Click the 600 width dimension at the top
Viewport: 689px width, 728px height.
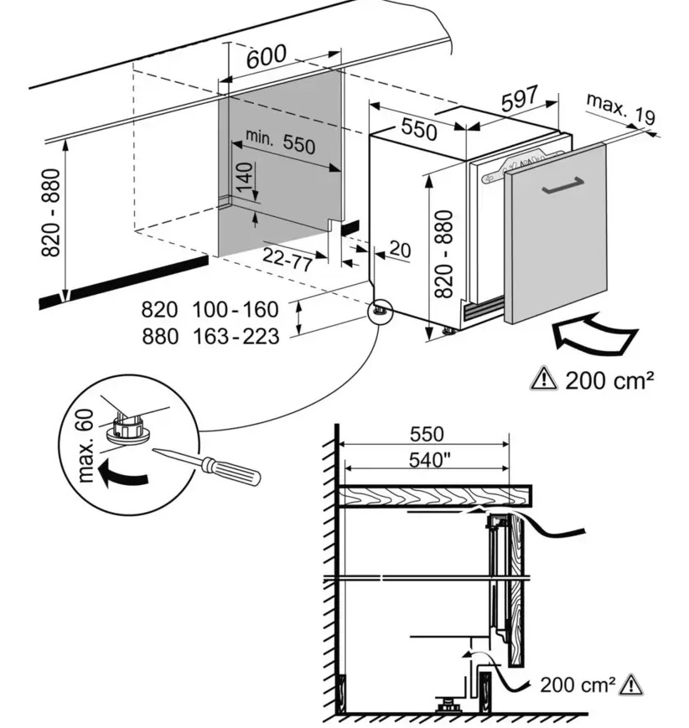pyautogui.click(x=267, y=57)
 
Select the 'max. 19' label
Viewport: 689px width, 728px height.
pyautogui.click(x=619, y=108)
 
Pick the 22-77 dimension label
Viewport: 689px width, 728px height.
pyautogui.click(x=288, y=259)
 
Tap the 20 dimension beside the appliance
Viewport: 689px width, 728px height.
pyautogui.click(x=401, y=249)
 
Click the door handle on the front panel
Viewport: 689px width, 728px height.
pyautogui.click(x=562, y=187)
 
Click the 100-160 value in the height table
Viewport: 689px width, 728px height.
pyautogui.click(x=235, y=310)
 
